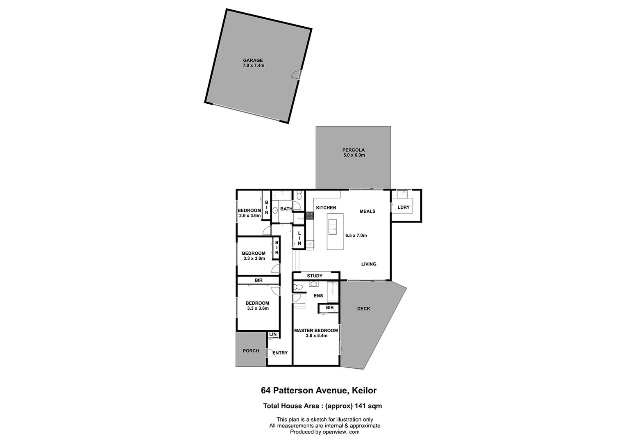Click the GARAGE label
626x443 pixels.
click(x=253, y=60)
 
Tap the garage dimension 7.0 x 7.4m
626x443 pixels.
click(x=253, y=66)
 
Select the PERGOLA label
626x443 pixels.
click(x=354, y=150)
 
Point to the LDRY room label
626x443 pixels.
click(x=404, y=208)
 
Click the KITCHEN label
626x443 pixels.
click(x=326, y=208)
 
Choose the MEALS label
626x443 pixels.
click(x=367, y=212)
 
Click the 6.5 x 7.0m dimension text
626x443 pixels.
click(x=356, y=236)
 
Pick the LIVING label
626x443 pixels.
click(x=369, y=264)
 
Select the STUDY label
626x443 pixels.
click(x=315, y=276)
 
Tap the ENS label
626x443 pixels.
click(x=318, y=296)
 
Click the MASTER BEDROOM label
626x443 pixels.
click(x=316, y=331)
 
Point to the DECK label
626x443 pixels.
click(x=363, y=309)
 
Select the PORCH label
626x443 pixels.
click(x=251, y=351)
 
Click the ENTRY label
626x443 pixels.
click(x=280, y=353)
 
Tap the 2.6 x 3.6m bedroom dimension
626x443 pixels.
click(x=250, y=216)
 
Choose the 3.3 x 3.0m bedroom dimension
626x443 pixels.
click(x=254, y=259)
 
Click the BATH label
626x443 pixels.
click(x=286, y=209)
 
